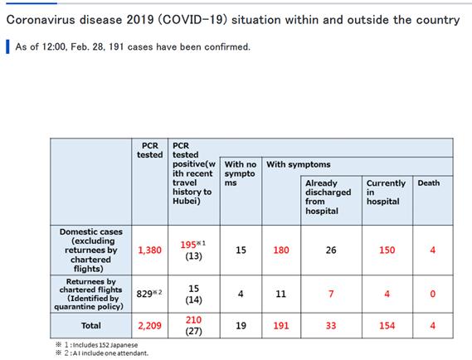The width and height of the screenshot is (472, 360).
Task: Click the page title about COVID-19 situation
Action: coord(233,20)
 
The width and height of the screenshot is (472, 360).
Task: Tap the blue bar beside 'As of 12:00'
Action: coord(7,46)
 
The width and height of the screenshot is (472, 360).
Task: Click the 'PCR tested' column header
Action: coord(149,150)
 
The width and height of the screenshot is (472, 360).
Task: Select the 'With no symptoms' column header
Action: coord(241,173)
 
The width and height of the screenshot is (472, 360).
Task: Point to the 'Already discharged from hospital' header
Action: coord(328,197)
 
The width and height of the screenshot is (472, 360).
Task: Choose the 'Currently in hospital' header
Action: coord(386,192)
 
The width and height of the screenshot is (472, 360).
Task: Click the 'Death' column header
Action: coord(428,183)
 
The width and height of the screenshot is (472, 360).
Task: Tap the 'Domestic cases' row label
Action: coord(91,250)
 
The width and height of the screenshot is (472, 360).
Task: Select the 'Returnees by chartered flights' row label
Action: coord(90,294)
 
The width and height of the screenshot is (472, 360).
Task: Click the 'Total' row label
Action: coord(91,325)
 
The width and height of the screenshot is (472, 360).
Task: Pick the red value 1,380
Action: coord(149,250)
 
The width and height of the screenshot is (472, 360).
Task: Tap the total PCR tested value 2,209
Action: coord(149,325)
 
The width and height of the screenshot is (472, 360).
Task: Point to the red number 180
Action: coord(281,250)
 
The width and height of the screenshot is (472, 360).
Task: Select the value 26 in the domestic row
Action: coord(331,250)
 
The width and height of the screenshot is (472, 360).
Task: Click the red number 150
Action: coord(387,250)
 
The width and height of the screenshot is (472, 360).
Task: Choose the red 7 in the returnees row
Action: coord(331,294)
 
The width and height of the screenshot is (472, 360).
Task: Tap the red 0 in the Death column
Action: coord(432,294)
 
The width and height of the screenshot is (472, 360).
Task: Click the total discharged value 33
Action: coord(331,325)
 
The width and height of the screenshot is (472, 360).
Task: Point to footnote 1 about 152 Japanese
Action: coord(97,345)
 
